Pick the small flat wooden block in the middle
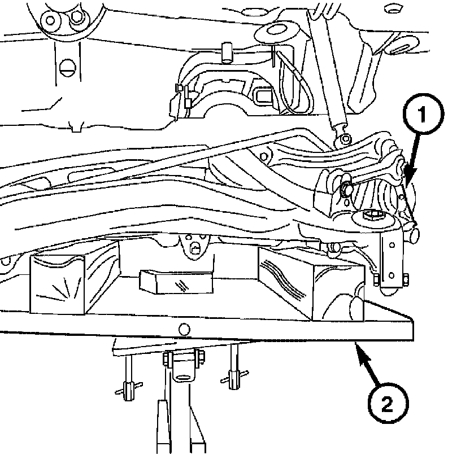click(x=176, y=281)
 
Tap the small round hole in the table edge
click(x=182, y=329)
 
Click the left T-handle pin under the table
click(x=128, y=387)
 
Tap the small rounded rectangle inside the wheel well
click(x=264, y=94)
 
